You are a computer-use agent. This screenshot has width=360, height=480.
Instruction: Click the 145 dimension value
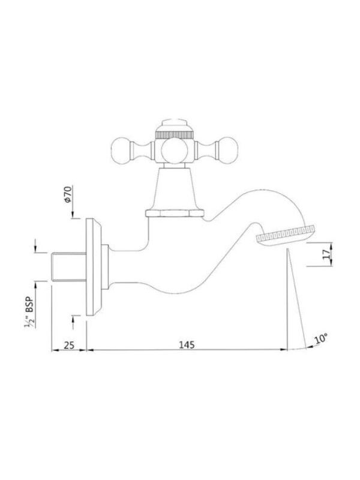coord(187,344)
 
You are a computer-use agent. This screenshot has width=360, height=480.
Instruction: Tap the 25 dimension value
coord(69,345)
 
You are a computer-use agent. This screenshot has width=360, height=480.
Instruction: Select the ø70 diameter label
coord(68,194)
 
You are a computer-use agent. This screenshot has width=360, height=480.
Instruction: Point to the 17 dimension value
coord(327,254)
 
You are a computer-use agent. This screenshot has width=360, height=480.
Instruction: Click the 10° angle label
coord(321,339)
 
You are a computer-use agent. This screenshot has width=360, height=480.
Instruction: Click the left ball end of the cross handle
coord(121,150)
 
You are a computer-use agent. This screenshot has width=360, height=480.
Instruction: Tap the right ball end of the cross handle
coord(229,150)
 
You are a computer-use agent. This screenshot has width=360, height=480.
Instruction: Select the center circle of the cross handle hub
coord(174,151)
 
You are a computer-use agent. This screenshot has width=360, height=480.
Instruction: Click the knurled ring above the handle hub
coord(174,135)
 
